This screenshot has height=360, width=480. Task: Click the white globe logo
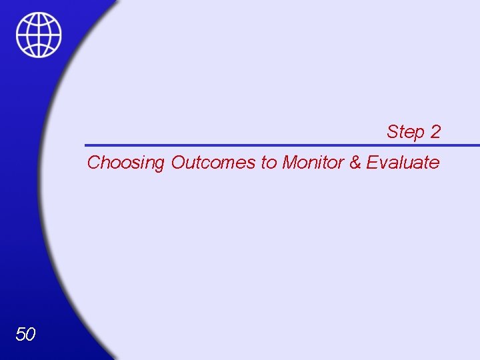click(x=39, y=35)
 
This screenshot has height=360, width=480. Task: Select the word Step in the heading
click(x=405, y=132)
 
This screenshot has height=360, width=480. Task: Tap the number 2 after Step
click(x=435, y=132)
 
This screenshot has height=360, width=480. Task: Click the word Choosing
click(x=126, y=163)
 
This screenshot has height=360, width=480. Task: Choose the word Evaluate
click(x=403, y=163)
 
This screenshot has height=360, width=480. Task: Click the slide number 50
click(x=25, y=334)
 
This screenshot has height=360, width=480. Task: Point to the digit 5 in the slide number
click(x=20, y=334)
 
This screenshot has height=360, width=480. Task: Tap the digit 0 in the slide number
click(x=31, y=334)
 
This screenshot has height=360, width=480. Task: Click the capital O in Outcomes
click(x=178, y=163)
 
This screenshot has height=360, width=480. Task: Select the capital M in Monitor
click(x=289, y=163)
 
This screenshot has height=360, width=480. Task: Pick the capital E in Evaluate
click(x=371, y=163)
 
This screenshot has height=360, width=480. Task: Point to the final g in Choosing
click(x=159, y=165)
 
